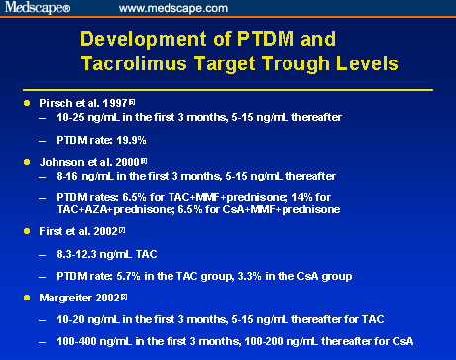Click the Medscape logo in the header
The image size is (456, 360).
35,9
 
